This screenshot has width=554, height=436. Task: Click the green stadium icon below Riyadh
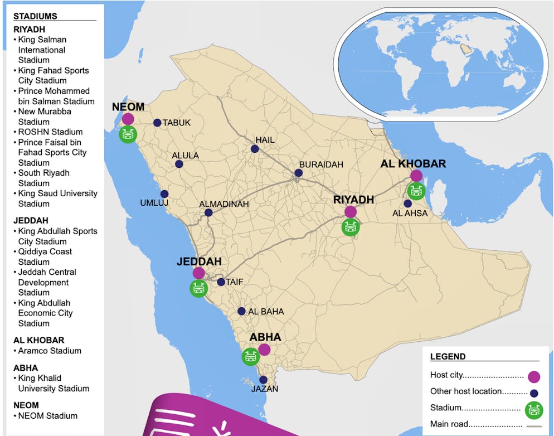point(351,227)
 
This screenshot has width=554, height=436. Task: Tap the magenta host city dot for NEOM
point(128,119)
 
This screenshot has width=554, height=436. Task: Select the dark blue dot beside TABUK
point(157,123)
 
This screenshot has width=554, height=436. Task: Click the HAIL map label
point(265,140)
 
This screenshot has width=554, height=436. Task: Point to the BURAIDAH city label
point(321,164)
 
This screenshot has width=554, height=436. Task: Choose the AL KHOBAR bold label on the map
point(413,164)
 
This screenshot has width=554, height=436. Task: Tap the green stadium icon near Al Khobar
point(416,191)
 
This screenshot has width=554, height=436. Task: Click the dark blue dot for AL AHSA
point(408,204)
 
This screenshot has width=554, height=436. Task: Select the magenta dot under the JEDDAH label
point(198,273)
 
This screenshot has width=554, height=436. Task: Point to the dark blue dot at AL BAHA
point(241,311)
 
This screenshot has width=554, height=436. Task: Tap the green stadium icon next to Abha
point(250,356)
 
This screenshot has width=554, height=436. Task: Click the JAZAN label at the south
point(264,389)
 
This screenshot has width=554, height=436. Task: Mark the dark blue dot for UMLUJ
point(164,194)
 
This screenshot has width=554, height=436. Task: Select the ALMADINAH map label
point(224,204)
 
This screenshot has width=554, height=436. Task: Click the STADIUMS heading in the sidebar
point(35,16)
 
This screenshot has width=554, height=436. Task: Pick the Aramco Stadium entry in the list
point(50,351)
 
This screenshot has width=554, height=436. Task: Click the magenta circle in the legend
point(534,376)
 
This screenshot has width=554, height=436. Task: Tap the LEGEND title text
point(448,356)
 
